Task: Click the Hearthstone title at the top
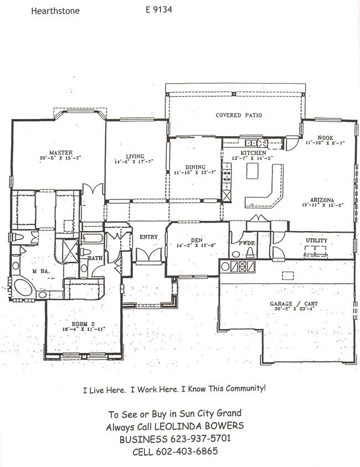55,11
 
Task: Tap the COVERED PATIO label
238,115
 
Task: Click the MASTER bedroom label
61,152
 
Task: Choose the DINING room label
196,167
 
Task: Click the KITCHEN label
253,153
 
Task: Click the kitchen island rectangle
254,171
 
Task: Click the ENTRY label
149,237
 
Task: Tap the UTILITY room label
316,240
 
